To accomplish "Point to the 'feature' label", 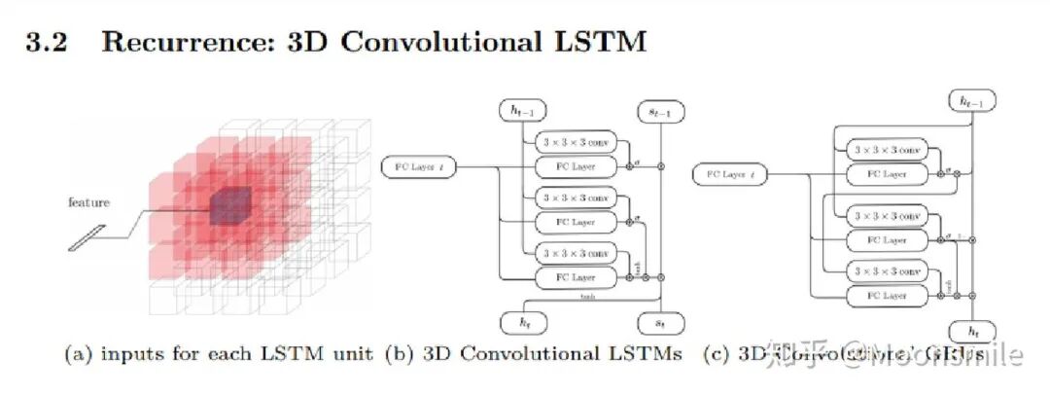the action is pyautogui.click(x=88, y=202).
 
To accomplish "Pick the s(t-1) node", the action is pyautogui.click(x=660, y=114).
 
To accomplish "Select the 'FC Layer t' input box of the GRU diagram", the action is pyautogui.click(x=728, y=175).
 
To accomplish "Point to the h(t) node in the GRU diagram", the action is pyautogui.click(x=971, y=331).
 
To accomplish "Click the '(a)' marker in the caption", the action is pyautogui.click(x=76, y=354).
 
